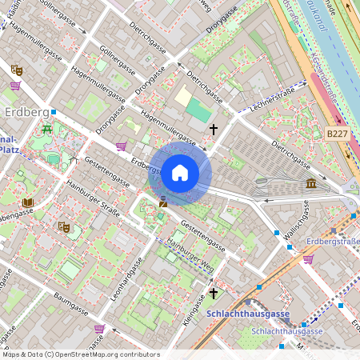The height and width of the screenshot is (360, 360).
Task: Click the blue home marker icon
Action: pos(180,172)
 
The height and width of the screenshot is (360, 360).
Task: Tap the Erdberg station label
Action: pos(26,110)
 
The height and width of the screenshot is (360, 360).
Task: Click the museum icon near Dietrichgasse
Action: pos(310,185)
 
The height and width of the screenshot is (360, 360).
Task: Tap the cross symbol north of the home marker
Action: pos(213,128)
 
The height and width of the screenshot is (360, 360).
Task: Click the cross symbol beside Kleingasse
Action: pos(213,292)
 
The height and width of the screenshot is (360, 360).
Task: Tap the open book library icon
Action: pos(28,202)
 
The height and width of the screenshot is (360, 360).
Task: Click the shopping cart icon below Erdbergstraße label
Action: pos(308,258)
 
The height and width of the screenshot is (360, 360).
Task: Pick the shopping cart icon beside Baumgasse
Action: pos(98,328)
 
